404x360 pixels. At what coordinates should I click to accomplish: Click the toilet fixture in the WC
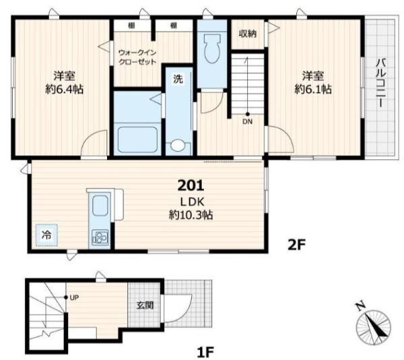click(212, 49)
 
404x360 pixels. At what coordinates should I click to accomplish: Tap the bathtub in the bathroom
click(137, 140)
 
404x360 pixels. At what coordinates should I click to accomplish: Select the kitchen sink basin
click(100, 205)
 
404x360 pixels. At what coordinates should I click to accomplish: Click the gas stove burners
click(100, 237)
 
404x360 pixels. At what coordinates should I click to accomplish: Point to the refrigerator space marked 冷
click(46, 235)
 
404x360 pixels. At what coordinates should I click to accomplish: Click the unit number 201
click(191, 185)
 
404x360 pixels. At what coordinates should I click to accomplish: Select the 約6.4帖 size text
click(65, 90)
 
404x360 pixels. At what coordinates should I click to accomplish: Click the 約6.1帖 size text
click(313, 90)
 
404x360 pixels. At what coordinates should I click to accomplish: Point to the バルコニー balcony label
click(381, 84)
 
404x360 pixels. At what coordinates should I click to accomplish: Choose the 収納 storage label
click(248, 34)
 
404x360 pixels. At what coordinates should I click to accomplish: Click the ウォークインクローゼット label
click(137, 57)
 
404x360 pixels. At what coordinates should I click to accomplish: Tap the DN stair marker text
click(247, 121)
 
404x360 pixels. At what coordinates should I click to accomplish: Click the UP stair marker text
click(74, 298)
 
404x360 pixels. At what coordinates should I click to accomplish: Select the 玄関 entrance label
click(145, 305)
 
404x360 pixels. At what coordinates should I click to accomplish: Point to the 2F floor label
click(296, 245)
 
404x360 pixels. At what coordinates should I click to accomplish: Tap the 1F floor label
click(205, 352)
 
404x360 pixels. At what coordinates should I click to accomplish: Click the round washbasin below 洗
click(178, 146)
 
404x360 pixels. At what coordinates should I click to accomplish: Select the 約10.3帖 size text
click(191, 214)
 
